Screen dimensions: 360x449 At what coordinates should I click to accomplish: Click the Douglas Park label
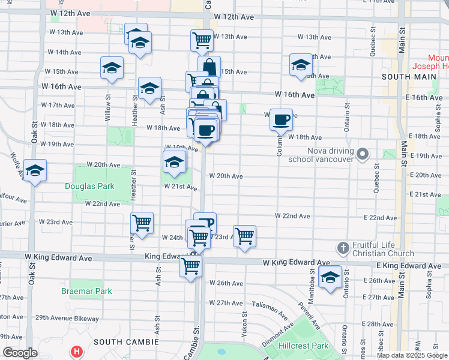pos(90,186)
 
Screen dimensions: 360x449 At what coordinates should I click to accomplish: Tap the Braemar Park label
pos(86,291)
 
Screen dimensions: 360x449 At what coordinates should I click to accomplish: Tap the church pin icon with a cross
pos(343,248)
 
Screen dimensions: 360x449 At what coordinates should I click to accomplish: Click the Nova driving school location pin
pos(362,155)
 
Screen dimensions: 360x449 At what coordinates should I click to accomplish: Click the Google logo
pos(20,353)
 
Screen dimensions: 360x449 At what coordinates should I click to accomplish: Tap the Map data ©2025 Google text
pos(412,355)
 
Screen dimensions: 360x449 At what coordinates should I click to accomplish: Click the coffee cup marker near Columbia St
pos(281,120)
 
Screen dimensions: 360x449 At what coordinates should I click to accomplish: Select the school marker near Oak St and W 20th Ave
pos(35,173)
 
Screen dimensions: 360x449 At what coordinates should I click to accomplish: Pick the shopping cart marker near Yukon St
pos(244,236)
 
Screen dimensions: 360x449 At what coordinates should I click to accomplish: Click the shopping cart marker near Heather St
pos(142,223)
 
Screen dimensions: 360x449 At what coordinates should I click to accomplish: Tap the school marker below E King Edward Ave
pos(330,277)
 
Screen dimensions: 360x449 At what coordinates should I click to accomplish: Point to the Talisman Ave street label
pos(270,308)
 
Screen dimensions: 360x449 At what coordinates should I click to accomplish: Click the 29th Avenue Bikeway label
pos(66,317)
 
